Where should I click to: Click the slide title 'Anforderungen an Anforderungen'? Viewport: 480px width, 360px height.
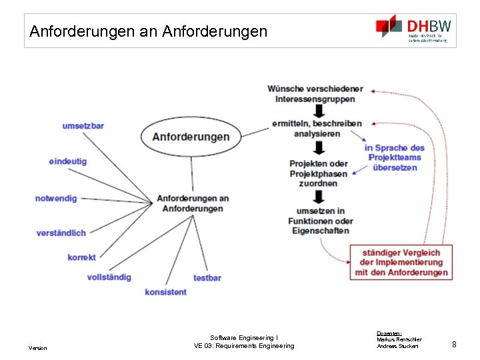click(148, 31)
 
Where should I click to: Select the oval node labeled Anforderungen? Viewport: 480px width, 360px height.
click(191, 137)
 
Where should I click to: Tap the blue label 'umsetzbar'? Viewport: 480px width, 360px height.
click(83, 126)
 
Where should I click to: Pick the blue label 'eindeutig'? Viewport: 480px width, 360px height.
click(67, 161)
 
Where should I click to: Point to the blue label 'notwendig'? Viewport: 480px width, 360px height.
click(56, 199)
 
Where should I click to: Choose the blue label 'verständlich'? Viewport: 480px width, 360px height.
click(61, 233)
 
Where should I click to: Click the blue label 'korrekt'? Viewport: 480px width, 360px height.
click(81, 257)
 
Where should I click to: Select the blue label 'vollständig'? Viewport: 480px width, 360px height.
click(109, 277)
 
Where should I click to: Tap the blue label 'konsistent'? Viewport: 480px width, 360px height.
click(165, 292)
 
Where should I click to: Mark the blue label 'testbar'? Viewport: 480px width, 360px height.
click(207, 277)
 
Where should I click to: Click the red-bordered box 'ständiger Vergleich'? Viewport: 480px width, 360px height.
click(401, 263)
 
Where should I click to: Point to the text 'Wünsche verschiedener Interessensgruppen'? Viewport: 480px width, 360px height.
click(315, 94)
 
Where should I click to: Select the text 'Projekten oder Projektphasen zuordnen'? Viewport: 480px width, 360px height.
click(318, 173)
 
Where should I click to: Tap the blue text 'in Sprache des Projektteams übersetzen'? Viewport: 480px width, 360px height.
click(395, 158)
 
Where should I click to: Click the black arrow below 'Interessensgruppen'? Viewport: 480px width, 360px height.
click(318, 111)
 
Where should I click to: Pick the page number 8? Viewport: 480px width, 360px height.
click(454, 345)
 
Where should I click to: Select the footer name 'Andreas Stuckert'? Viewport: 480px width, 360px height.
click(397, 346)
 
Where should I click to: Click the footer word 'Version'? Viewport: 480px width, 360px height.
click(37, 348)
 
